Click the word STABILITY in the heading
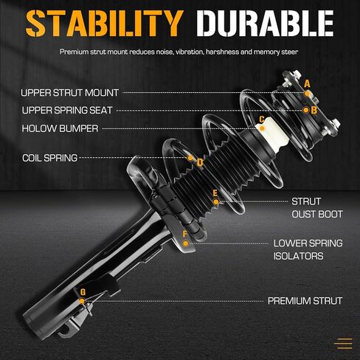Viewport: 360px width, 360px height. tap(105, 24)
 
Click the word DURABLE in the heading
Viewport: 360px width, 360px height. tap(265, 24)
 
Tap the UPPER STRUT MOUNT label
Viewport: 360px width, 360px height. tap(70, 93)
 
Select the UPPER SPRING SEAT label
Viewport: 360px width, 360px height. tap(67, 111)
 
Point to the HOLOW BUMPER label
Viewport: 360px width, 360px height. tap(60, 128)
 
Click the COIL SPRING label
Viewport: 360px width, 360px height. tap(50, 158)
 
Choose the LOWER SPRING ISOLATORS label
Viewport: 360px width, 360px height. tap(308, 249)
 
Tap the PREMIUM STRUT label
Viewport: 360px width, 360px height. tap(305, 301)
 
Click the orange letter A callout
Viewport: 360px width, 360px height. tap(307, 84)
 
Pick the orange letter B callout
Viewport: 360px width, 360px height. tap(314, 110)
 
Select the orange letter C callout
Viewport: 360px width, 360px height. tap(262, 120)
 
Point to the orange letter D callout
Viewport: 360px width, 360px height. tap(200, 162)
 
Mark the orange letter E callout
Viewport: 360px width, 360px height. tap(215, 193)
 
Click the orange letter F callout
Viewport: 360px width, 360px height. tap(185, 234)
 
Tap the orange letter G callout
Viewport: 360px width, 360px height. tap(83, 292)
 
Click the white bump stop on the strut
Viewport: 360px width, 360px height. tap(272, 135)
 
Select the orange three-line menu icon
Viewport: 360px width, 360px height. tap(344, 344)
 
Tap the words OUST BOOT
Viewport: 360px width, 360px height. tap(317, 214)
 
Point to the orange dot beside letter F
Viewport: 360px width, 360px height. tap(186, 243)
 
